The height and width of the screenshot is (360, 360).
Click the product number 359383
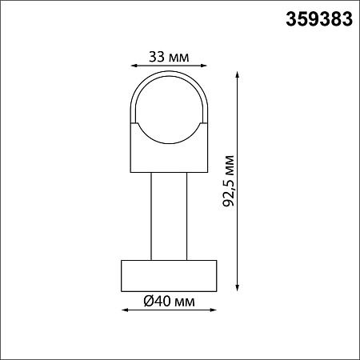[319, 19]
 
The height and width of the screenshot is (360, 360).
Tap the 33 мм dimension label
[169, 57]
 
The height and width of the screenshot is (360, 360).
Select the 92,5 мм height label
[229, 181]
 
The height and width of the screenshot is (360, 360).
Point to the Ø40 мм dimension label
[169, 302]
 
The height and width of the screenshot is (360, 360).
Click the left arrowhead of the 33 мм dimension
[134, 66]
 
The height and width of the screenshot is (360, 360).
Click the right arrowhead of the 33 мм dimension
[204, 66]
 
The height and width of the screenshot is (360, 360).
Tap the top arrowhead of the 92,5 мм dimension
[237, 74]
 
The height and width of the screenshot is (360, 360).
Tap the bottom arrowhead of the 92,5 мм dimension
[237, 288]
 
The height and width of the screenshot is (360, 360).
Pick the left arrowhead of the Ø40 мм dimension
[125, 310]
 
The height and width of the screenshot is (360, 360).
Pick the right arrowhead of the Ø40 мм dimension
[213, 310]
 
